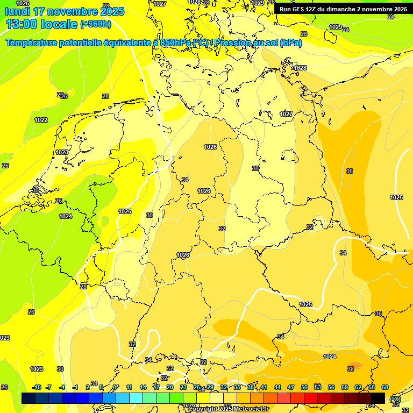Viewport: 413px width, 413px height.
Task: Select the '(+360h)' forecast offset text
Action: click(96, 24)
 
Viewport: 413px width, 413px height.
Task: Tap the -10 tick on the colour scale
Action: click(37, 387)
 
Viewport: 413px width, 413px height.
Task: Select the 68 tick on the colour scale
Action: click(385, 387)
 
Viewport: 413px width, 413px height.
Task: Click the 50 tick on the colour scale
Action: click(304, 387)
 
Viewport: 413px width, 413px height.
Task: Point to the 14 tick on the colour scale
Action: click(143, 387)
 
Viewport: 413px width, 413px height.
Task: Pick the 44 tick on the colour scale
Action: click(277, 387)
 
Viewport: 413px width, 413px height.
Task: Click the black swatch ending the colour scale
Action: click(378, 398)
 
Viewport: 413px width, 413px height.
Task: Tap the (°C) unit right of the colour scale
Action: click(395, 398)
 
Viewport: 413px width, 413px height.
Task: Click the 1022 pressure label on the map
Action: click(41, 120)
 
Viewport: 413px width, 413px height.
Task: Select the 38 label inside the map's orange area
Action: click(351, 369)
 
